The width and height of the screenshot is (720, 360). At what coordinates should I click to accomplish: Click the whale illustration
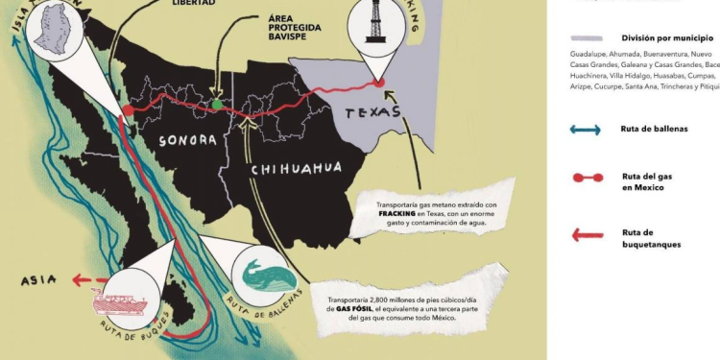click(x=269, y=275)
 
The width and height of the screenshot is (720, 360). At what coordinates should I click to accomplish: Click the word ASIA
click(x=37, y=279)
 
